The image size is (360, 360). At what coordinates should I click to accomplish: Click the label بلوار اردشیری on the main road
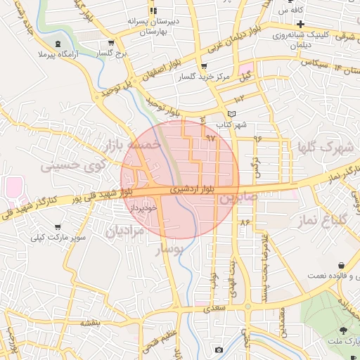tap(188, 190)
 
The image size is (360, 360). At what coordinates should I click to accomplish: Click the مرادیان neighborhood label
tap(124, 230)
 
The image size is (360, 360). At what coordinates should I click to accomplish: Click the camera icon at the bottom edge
tap(219, 349)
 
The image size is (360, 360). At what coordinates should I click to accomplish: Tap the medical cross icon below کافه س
tap(300, 24)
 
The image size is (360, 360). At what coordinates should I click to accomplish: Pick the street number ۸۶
tap(245, 222)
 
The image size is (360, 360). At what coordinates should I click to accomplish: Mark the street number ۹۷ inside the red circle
tap(210, 138)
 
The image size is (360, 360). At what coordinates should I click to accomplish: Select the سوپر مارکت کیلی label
tap(58, 237)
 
